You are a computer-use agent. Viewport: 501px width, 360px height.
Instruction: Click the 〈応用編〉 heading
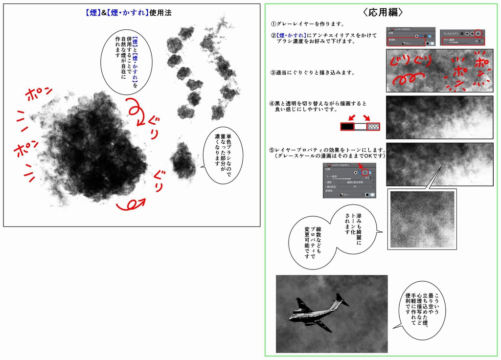[x=383, y=12]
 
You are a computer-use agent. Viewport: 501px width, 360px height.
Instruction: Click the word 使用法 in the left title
[x=161, y=13]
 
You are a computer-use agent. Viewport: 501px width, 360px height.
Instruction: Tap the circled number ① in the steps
[x=273, y=24]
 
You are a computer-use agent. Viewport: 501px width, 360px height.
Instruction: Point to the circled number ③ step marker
[x=273, y=73]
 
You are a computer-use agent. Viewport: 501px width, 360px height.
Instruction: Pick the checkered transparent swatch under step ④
[x=374, y=126]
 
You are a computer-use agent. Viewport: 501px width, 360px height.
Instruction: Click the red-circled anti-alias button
[x=478, y=33]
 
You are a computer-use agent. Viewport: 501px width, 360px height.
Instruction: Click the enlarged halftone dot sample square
[x=422, y=220]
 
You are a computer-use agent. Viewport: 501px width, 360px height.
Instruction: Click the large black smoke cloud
[x=95, y=147]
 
